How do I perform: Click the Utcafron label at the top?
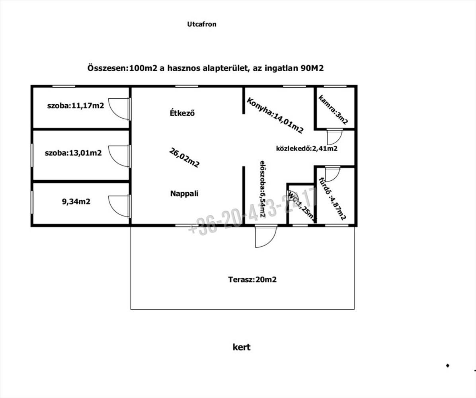tap(202, 24)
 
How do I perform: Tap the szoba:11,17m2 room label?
tap(76, 106)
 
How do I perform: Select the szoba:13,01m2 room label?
tap(73, 152)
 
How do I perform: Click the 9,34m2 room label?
tap(76, 201)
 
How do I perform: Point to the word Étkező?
tap(182, 113)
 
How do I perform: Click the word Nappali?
tap(184, 194)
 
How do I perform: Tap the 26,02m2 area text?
tap(184, 158)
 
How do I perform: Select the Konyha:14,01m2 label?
tap(275, 115)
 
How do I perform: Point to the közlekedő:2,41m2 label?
tap(307, 149)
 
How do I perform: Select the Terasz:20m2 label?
tap(252, 279)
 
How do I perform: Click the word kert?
tap(242, 347)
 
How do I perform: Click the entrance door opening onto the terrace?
tap(265, 236)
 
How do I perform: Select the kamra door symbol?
tap(334, 137)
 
